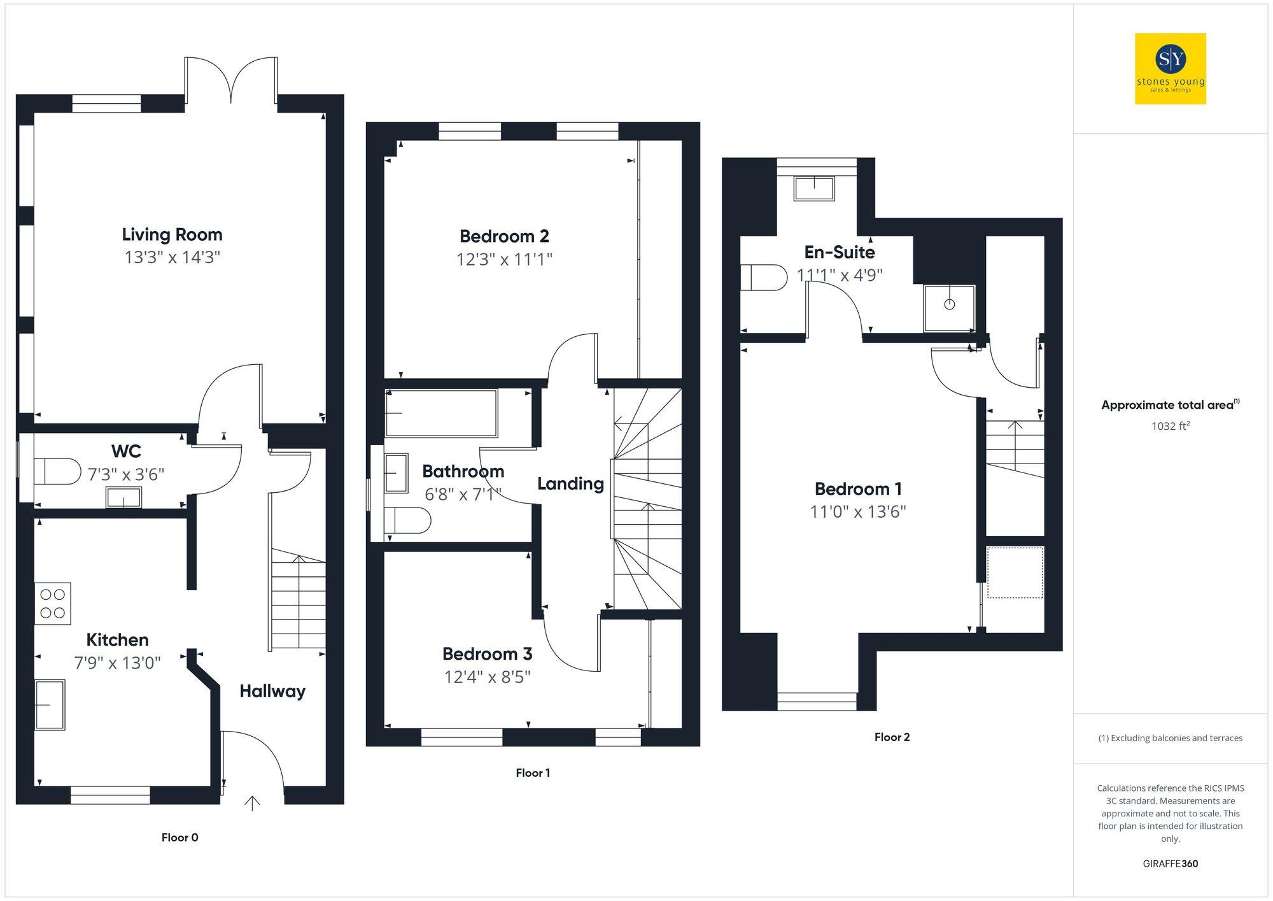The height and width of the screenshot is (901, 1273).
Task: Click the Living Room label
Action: click(172, 234)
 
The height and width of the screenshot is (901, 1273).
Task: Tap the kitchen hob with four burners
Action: click(53, 604)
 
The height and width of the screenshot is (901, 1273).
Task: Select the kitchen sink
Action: click(50, 705)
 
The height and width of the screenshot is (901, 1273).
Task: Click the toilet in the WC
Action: click(56, 472)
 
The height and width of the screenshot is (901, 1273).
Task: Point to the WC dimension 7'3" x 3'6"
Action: click(126, 474)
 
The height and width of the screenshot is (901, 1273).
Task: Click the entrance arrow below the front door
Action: click(252, 804)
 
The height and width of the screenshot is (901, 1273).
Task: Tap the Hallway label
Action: click(272, 691)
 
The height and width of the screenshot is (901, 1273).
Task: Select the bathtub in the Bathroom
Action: click(440, 413)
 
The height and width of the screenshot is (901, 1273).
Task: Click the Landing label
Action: click(570, 483)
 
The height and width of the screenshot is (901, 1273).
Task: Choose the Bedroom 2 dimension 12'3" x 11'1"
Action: click(504, 260)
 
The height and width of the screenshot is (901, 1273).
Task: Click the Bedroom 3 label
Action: click(487, 654)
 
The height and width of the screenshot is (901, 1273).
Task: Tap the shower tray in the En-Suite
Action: click(949, 308)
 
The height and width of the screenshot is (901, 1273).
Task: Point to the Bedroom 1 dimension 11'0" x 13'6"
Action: click(857, 512)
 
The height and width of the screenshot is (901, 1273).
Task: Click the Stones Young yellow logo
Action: click(1170, 69)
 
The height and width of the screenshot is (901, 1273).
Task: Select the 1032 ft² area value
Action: click(1170, 426)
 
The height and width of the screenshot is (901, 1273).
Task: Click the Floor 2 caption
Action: click(892, 737)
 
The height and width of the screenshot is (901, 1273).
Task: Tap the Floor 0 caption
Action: click(179, 837)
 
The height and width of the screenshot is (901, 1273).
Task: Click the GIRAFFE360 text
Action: click(1170, 864)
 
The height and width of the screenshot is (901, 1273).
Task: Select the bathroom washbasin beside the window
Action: click(396, 473)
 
